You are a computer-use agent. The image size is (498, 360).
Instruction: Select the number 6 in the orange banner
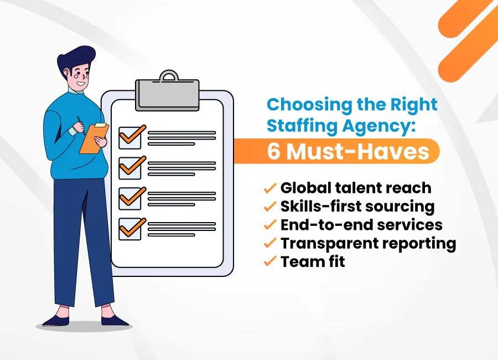[274, 151]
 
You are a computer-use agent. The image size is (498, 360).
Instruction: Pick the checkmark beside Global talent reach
[270, 188]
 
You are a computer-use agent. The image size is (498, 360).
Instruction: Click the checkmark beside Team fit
[270, 261]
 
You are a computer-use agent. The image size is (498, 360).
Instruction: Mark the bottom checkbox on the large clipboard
[131, 228]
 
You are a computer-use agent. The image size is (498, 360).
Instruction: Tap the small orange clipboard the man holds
[94, 137]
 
